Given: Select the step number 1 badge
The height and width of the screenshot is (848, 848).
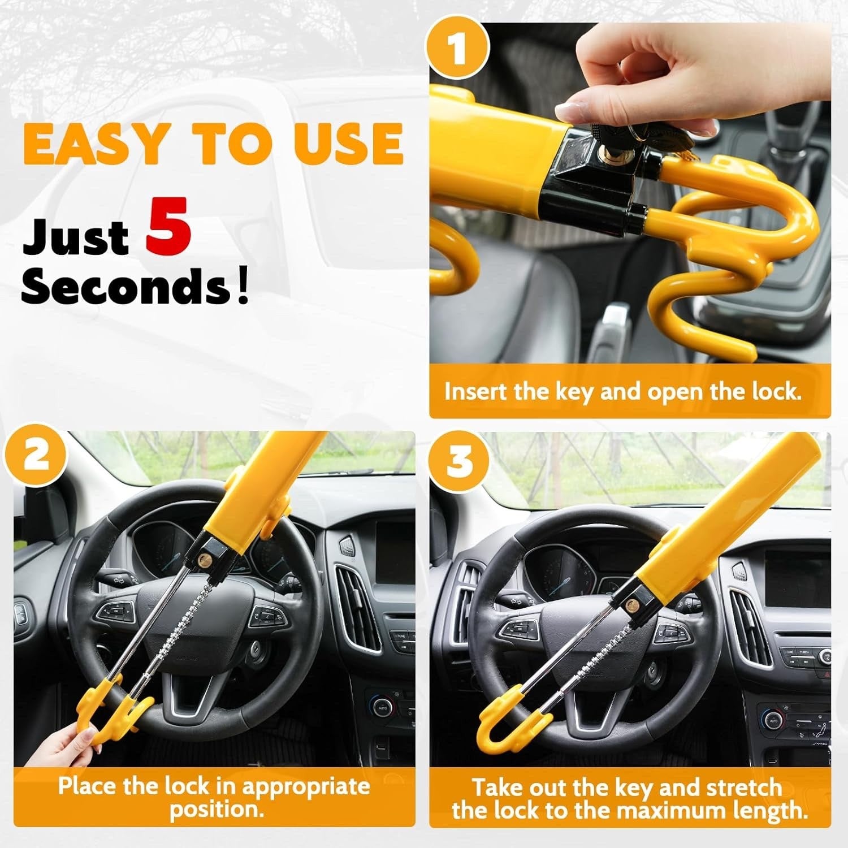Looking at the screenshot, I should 457,48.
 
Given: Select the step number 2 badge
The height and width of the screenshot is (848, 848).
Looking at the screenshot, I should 37,455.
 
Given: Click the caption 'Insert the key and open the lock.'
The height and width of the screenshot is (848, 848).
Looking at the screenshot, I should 623,392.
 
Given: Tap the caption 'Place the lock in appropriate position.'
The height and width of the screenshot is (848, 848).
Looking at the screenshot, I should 214,797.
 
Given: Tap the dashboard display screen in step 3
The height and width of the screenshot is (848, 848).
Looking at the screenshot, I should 797,577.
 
